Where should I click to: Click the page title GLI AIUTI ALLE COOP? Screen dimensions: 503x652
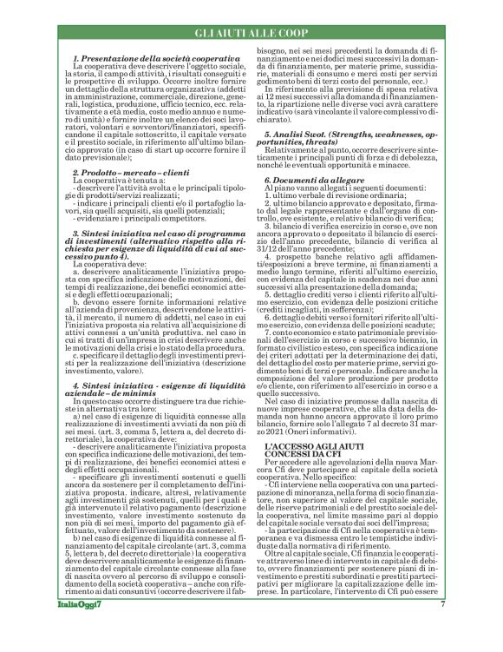(251, 32)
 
